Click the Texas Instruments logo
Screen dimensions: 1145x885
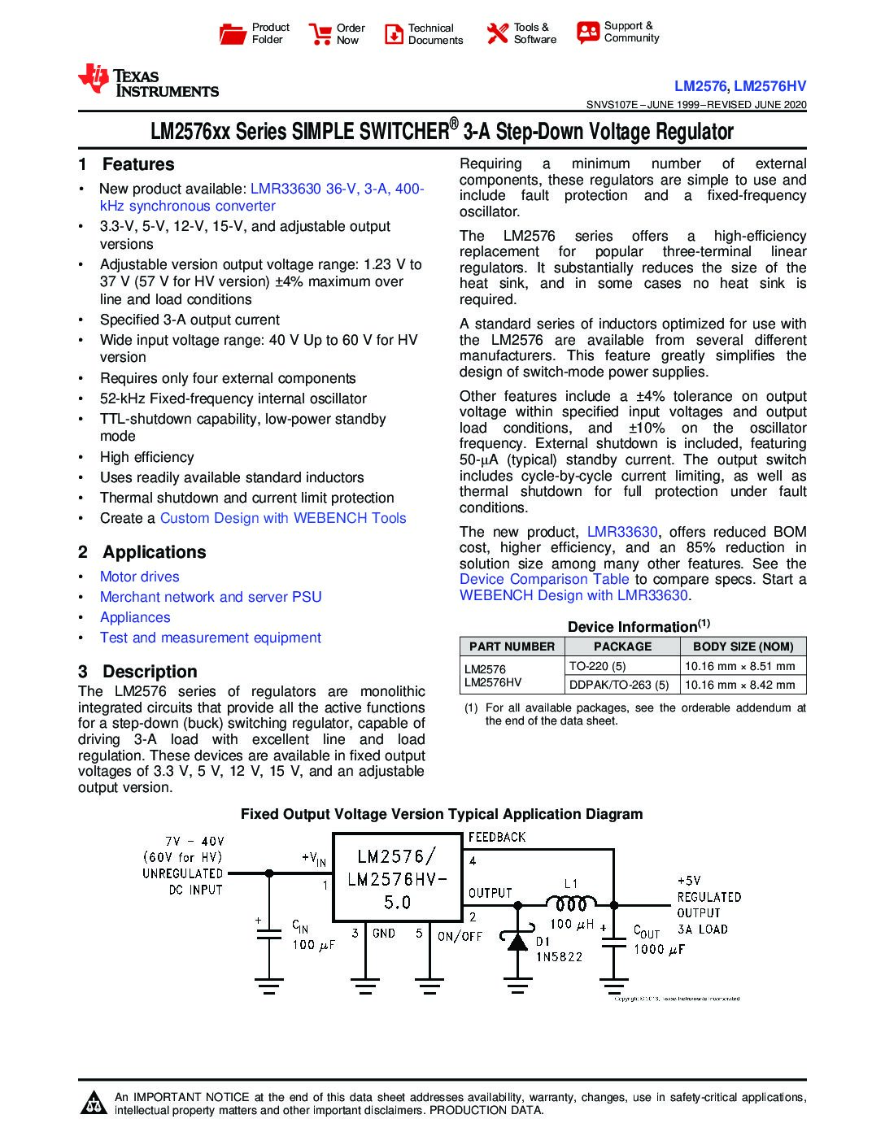147,81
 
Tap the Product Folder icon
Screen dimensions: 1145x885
233,34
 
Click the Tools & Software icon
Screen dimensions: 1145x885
497,34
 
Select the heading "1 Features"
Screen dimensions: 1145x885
126,164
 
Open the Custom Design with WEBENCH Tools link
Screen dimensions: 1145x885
282,518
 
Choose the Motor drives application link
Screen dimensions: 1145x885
139,577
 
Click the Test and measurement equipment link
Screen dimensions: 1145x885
210,638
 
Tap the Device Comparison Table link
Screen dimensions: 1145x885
543,579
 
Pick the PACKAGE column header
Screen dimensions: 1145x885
622,647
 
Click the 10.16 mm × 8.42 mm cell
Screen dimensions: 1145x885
739,685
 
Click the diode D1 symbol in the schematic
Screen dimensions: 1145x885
517,941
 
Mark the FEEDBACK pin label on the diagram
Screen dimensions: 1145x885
496,837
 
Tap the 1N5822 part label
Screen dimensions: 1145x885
559,957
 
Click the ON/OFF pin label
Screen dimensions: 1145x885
460,936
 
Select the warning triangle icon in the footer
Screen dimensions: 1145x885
94,1103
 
